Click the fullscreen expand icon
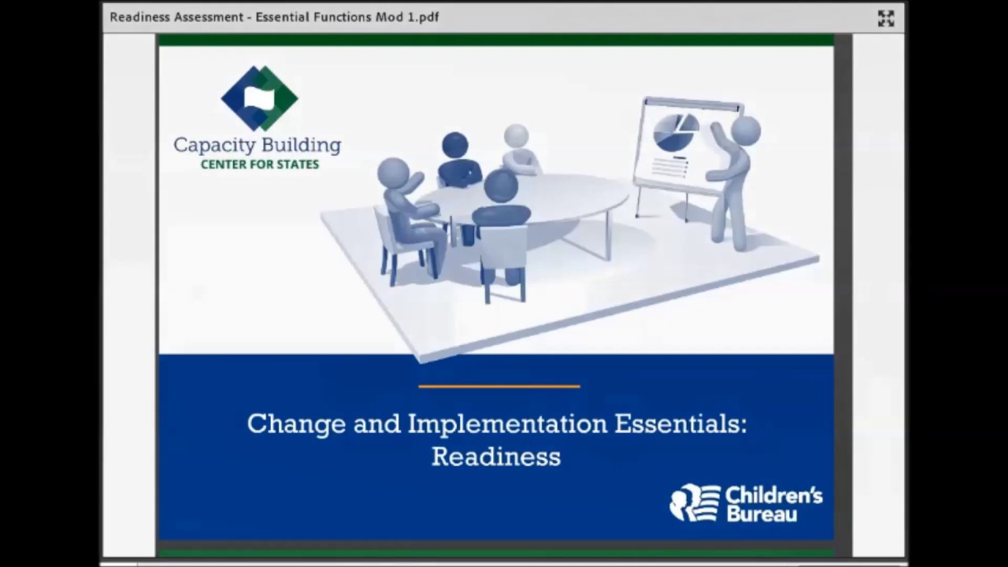(x=886, y=18)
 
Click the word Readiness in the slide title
(x=495, y=457)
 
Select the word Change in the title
(x=295, y=424)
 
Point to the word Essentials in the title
(x=680, y=424)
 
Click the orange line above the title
(x=498, y=387)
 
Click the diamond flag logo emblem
(x=259, y=98)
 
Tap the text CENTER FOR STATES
(x=259, y=165)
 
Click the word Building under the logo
(x=302, y=146)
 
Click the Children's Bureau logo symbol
(x=695, y=502)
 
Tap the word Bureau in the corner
(x=762, y=513)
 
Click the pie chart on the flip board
(x=676, y=132)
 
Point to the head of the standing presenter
(x=745, y=130)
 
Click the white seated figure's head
(x=517, y=135)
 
